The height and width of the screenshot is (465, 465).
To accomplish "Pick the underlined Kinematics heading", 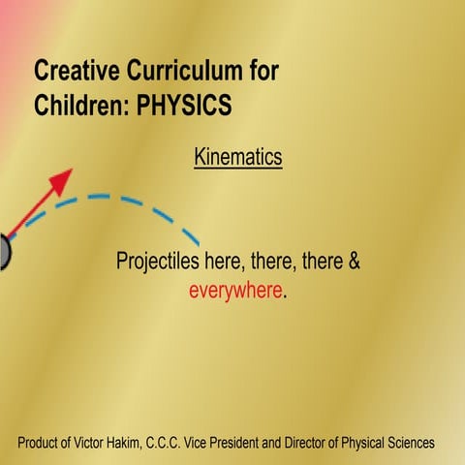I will [x=237, y=155].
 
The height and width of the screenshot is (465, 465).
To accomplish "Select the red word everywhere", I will [x=235, y=291].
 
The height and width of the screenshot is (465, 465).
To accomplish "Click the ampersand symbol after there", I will [x=353, y=262].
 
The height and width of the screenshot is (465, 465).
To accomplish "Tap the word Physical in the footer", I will [x=364, y=443].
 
